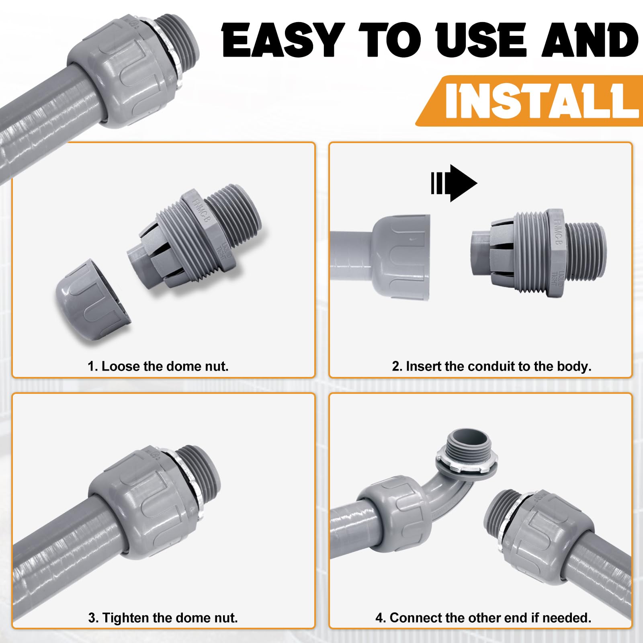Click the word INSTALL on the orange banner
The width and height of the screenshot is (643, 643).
point(541,100)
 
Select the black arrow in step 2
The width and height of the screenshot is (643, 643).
point(454,183)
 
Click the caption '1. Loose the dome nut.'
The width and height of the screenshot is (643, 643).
point(158,366)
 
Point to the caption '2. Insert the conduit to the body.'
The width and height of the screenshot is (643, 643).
point(491,366)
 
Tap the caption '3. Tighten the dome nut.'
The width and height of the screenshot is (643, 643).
point(163,618)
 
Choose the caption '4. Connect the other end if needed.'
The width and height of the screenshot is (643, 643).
point(483,618)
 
